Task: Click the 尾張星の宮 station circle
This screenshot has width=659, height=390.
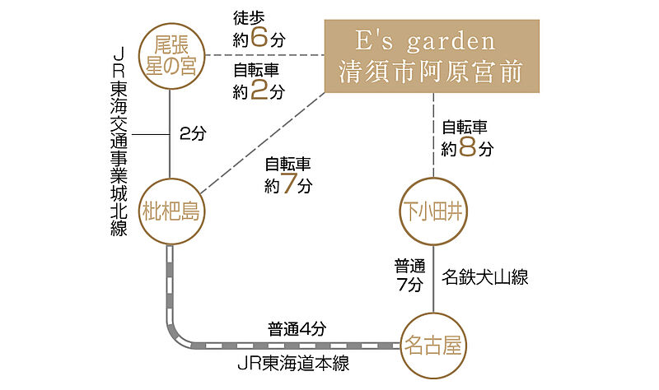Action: coord(170,54)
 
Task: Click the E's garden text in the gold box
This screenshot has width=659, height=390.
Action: coord(432,41)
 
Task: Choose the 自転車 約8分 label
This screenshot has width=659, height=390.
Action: coord(467,138)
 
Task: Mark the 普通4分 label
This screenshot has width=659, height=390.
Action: coord(297,327)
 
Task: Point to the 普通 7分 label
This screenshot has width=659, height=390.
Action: coord(409,276)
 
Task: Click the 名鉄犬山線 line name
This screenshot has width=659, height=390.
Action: coord(484,277)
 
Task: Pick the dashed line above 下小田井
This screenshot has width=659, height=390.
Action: coord(433,136)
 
